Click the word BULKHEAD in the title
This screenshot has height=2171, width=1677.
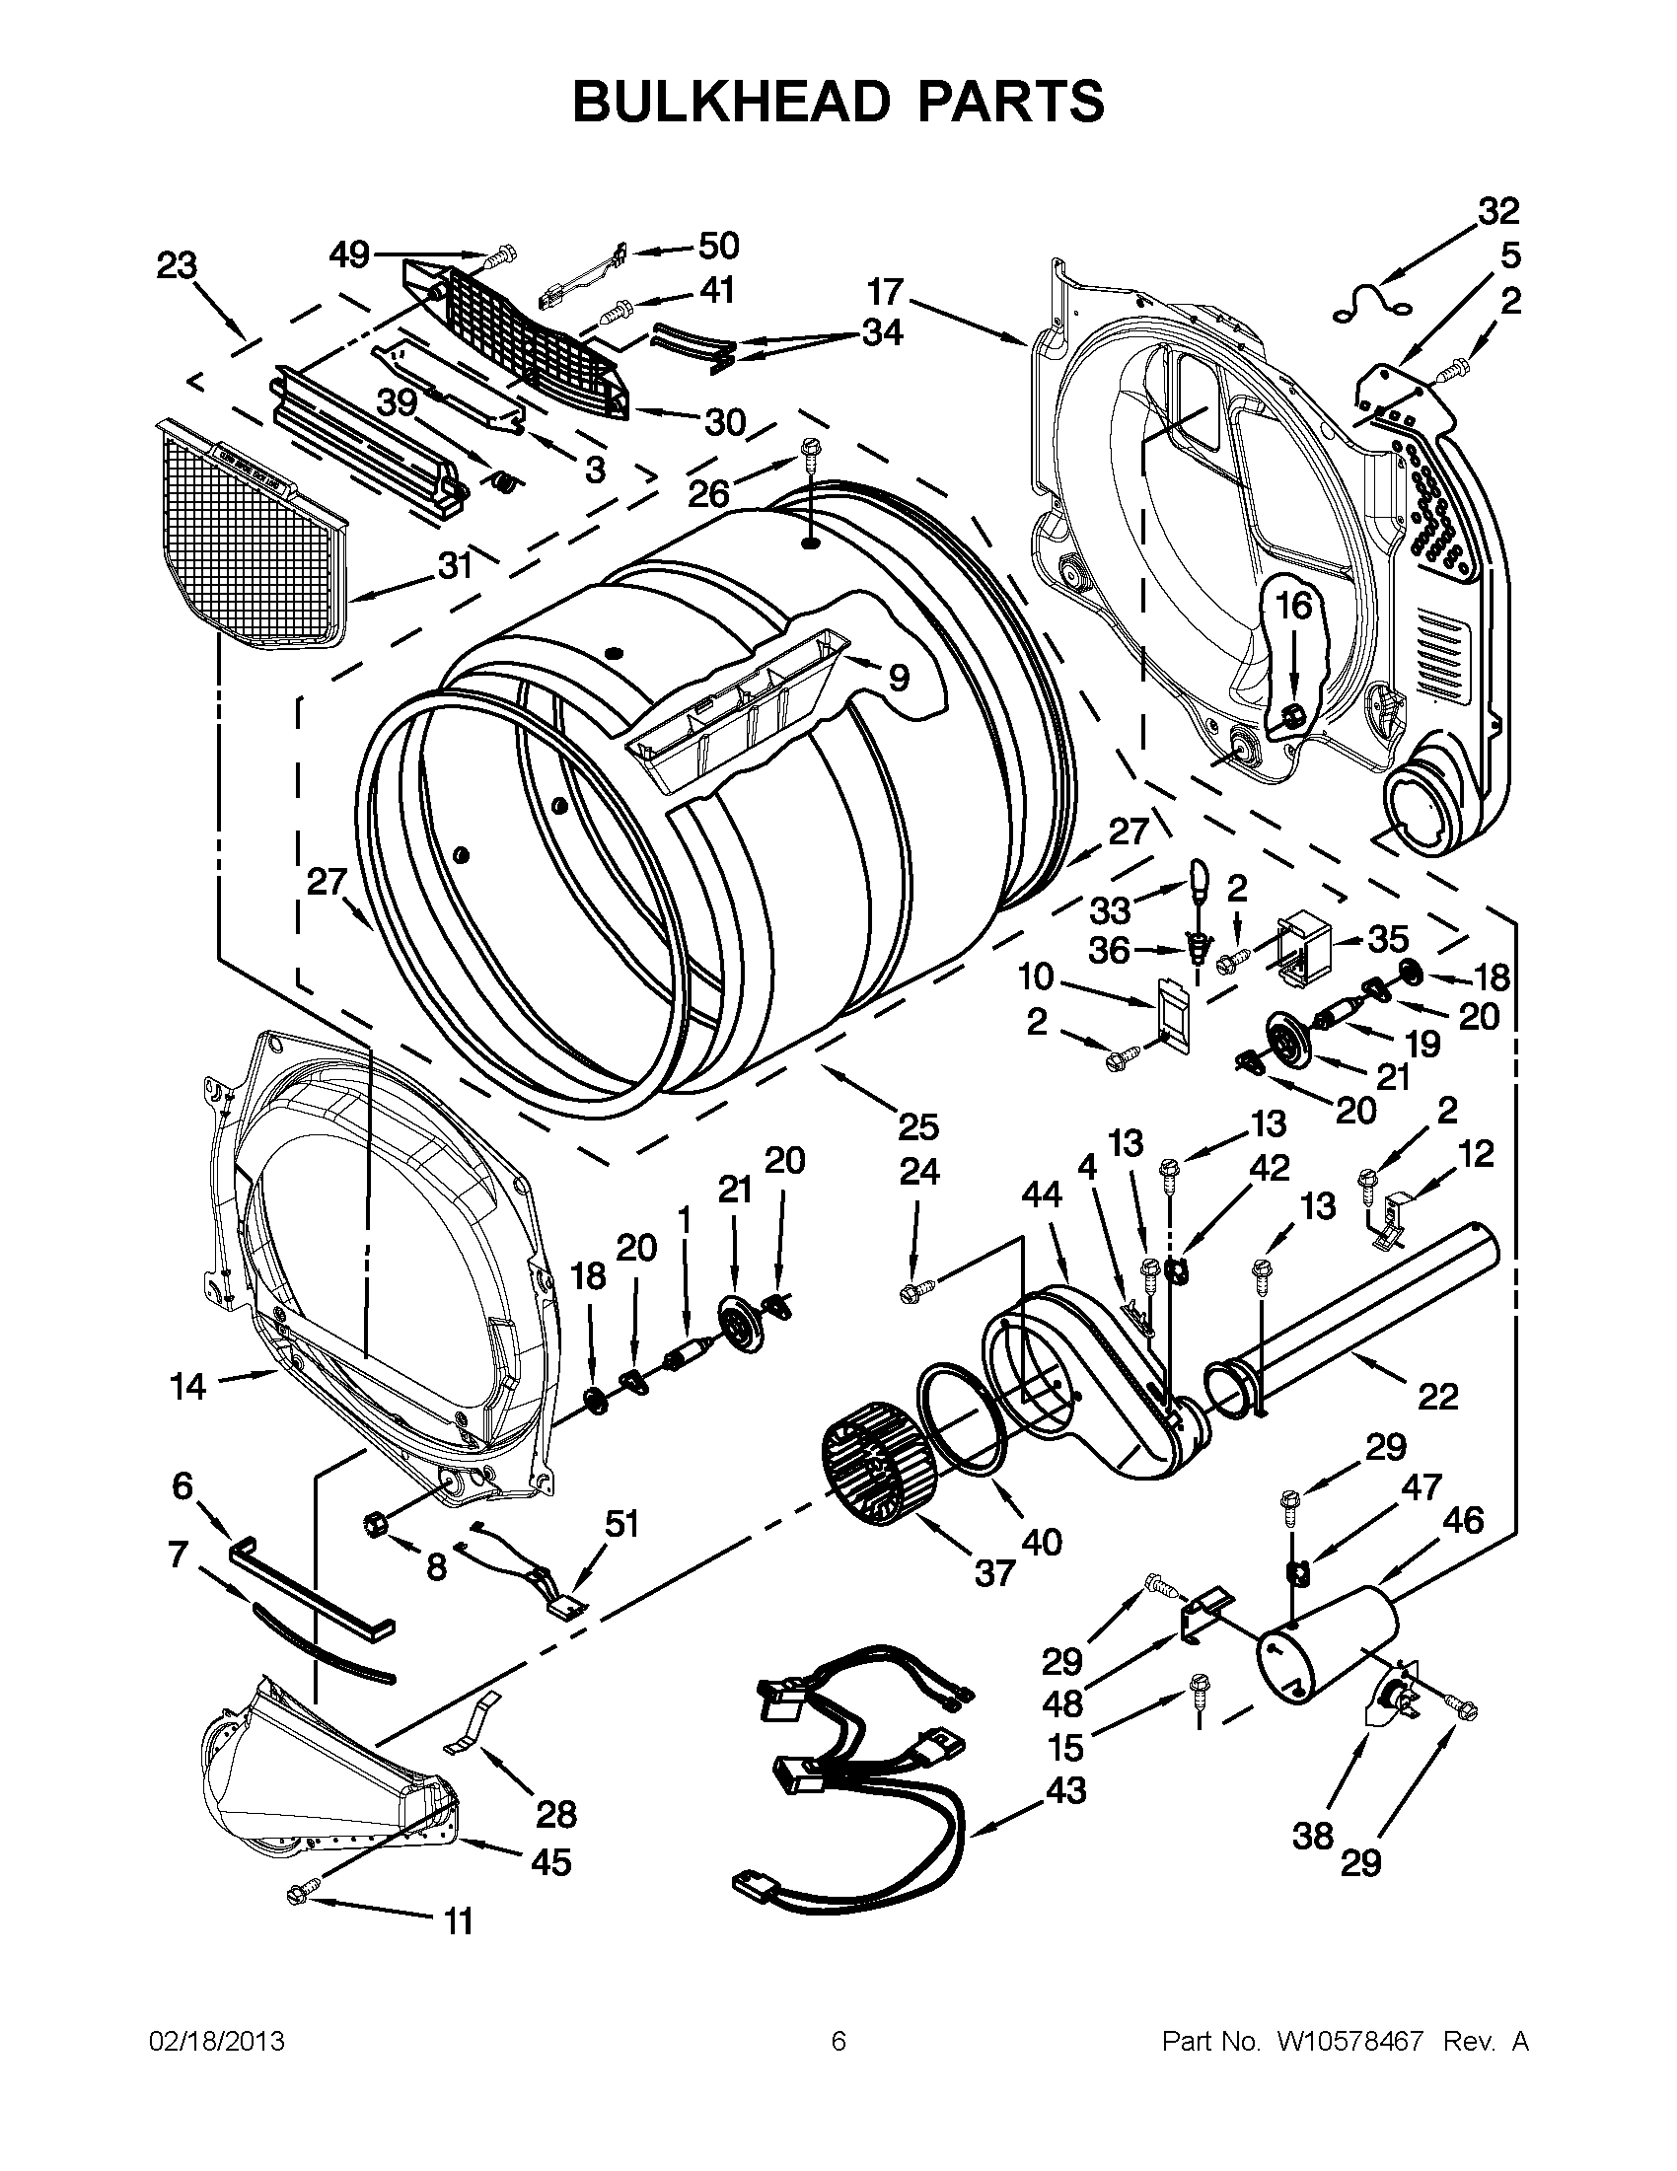tap(732, 102)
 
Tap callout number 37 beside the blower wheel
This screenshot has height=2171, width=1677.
tap(994, 1571)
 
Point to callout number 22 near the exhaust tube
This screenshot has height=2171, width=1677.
tap(1436, 1397)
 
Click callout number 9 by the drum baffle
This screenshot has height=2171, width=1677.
tap(898, 678)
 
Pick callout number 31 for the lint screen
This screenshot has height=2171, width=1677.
tap(455, 565)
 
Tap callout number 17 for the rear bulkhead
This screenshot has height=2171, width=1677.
tap(883, 292)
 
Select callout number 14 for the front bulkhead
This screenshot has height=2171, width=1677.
tap(186, 1386)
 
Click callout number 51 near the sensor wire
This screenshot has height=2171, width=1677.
tap(621, 1524)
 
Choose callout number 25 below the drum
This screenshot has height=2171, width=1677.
tap(918, 1126)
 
